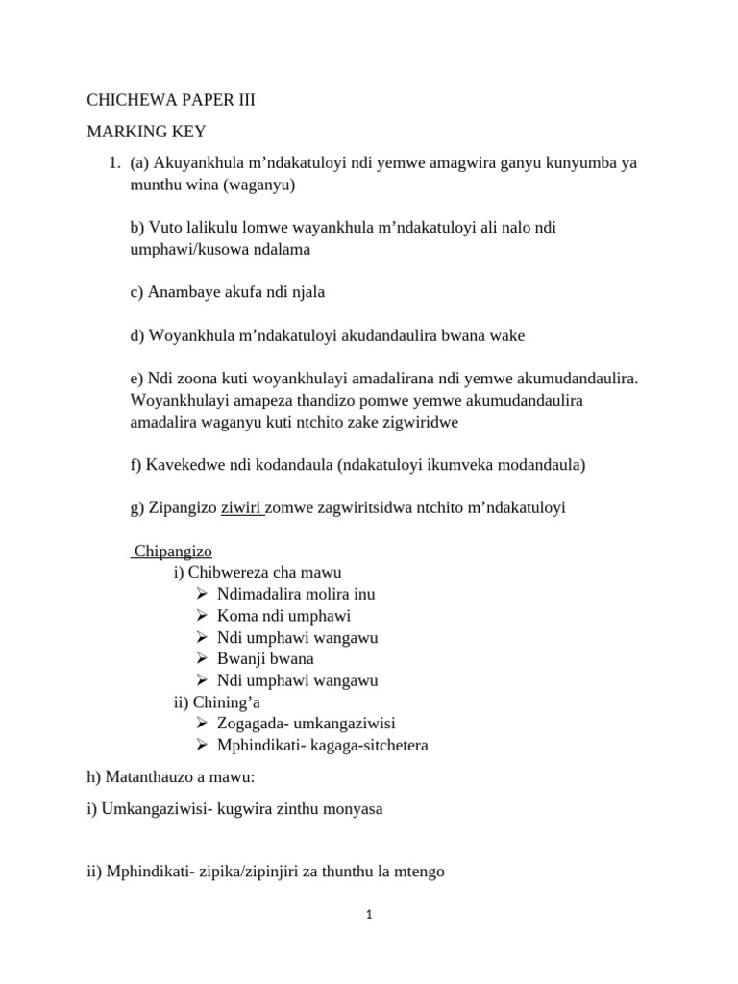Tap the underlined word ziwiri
[242, 508]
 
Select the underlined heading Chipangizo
[173, 552]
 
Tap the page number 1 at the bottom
[369, 916]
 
